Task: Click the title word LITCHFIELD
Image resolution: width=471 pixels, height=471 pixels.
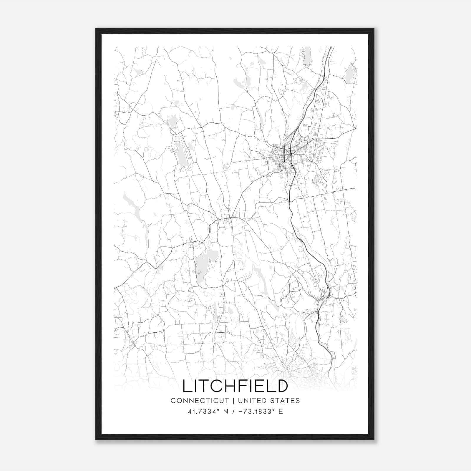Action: (235, 386)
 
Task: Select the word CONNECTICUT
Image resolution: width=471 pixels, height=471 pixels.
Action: (200, 401)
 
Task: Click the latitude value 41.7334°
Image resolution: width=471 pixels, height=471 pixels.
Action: (204, 412)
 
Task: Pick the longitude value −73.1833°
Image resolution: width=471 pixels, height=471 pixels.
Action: (256, 412)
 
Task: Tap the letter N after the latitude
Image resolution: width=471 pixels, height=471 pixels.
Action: (226, 412)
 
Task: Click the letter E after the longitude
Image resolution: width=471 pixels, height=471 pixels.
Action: (281, 412)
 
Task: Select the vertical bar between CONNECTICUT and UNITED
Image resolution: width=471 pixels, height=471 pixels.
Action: (233, 401)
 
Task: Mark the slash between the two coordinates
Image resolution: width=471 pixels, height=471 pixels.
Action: (233, 412)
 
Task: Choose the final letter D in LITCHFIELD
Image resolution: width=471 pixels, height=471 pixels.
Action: (282, 386)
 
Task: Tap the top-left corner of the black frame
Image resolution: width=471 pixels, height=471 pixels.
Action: (96, 29)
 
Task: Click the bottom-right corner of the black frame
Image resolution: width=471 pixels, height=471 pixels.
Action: (374, 440)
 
